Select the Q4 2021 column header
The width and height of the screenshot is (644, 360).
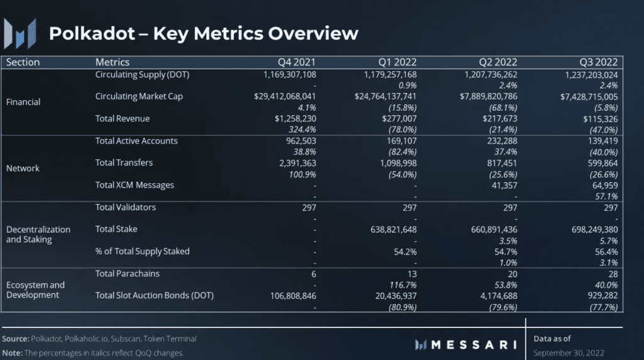pyautogui.click(x=297, y=62)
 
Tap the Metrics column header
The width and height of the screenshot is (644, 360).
pyautogui.click(x=113, y=62)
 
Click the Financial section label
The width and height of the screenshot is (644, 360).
pyautogui.click(x=24, y=101)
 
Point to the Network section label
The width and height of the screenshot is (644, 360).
pyautogui.click(x=23, y=168)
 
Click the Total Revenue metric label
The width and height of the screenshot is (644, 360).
pyautogui.click(x=123, y=118)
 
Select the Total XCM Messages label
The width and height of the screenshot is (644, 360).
pyautogui.click(x=135, y=185)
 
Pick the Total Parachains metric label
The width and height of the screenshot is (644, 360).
pyautogui.click(x=127, y=274)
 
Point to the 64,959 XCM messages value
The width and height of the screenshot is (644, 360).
pyautogui.click(x=602, y=185)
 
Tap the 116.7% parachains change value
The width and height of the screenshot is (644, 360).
pyautogui.click(x=402, y=284)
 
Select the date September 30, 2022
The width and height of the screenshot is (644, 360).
pyautogui.click(x=569, y=352)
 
